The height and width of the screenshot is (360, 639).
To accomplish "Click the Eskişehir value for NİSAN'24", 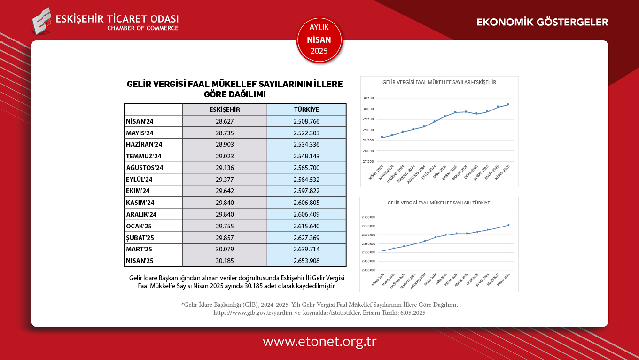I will pos(225,121).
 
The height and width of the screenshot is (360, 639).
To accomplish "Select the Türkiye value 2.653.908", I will pos(306,261).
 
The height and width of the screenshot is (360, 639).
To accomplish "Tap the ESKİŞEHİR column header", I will pos(225,110).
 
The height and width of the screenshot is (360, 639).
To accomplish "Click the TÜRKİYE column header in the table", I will pos(306,110).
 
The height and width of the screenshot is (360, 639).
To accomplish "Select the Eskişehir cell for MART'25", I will pos(225,249).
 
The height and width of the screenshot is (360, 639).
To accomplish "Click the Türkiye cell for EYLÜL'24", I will pos(306,180).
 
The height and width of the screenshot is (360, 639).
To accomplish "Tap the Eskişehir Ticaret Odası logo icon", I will pos(41,21).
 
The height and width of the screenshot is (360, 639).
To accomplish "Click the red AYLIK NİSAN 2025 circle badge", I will pos(319,39).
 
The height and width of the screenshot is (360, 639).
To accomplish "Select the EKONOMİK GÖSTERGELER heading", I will pos(542,22).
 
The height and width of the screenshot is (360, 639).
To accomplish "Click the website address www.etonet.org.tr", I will pos(319,342).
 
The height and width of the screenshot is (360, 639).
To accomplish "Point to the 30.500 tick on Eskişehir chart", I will pos(368,98).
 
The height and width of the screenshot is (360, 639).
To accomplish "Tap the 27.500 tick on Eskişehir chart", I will pos(368,162).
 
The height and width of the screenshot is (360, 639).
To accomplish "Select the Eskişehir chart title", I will pos(439,82).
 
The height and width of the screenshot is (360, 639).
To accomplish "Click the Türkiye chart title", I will pos(439,203).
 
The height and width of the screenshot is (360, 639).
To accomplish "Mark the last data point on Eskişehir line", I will pos(508,104).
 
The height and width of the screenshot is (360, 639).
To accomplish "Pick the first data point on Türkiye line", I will pos(383,250).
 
